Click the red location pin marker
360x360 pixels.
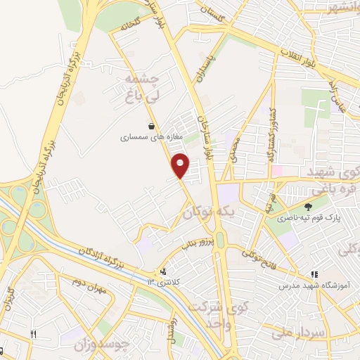[181, 166]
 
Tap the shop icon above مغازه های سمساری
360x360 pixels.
[151, 127]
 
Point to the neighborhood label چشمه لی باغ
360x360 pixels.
[141, 88]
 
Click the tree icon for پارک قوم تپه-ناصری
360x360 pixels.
[309, 207]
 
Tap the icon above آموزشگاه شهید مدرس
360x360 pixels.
[314, 275]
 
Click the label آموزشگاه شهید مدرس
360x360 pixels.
[307, 286]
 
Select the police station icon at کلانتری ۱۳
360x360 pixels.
[164, 271]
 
